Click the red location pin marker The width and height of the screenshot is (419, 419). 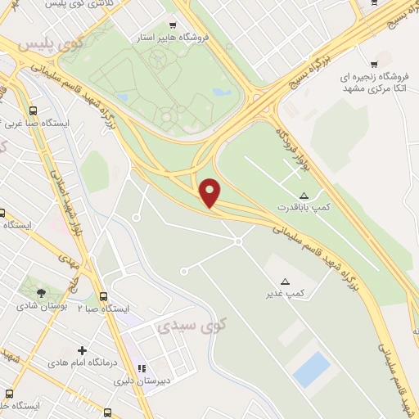click(210, 191)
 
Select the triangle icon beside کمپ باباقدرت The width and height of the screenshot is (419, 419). click(304, 195)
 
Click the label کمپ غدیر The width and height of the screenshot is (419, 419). click(288, 293)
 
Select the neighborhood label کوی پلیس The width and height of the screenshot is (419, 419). click(40, 43)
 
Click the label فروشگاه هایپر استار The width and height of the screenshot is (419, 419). click(173, 37)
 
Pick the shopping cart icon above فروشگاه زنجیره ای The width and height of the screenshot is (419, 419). click(374, 63)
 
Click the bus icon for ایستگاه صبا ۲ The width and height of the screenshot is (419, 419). click(103, 296)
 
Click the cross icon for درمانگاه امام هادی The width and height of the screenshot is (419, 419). click(81, 350)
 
